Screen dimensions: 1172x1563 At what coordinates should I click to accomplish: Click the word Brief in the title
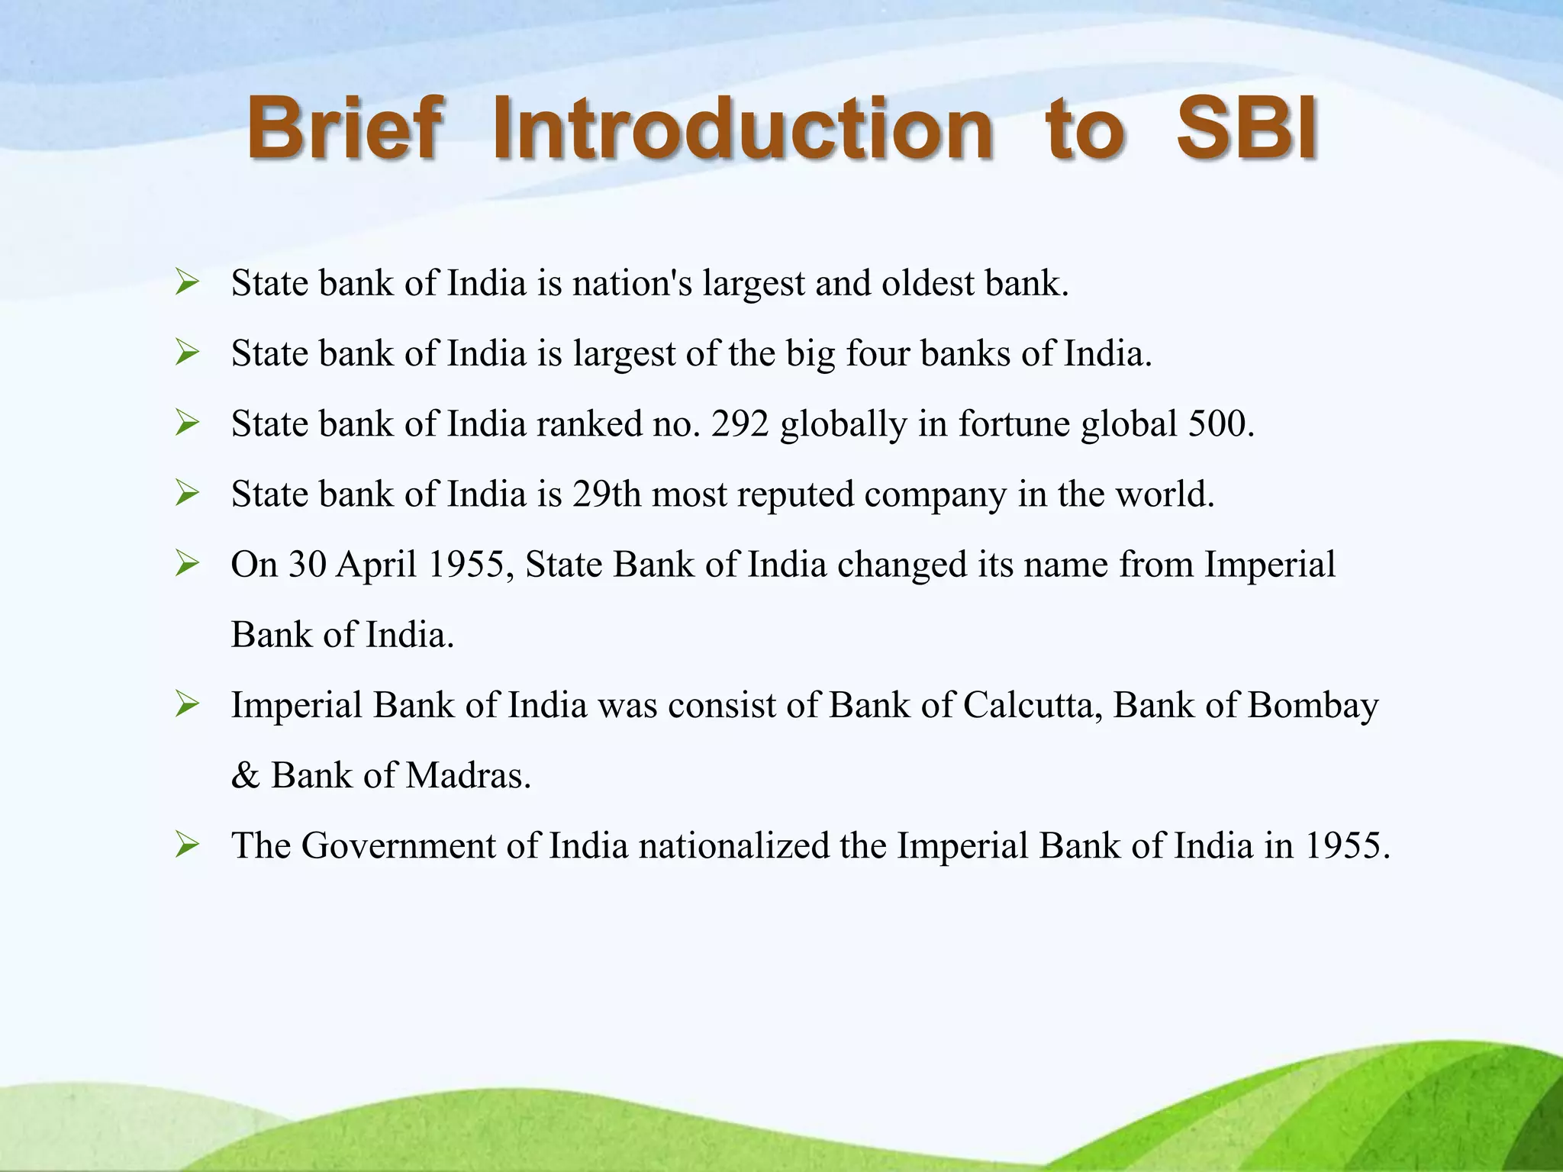coord(344,127)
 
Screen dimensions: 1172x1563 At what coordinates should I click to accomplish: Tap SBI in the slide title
coord(1247,127)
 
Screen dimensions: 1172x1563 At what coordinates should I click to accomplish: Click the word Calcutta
coord(1032,705)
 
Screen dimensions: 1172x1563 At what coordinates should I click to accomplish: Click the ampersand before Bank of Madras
coord(245,776)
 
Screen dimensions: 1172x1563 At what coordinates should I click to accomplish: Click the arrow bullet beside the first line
coord(187,283)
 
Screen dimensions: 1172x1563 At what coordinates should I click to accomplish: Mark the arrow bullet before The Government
coord(187,845)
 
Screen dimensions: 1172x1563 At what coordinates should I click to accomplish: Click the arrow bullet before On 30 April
coord(187,564)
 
